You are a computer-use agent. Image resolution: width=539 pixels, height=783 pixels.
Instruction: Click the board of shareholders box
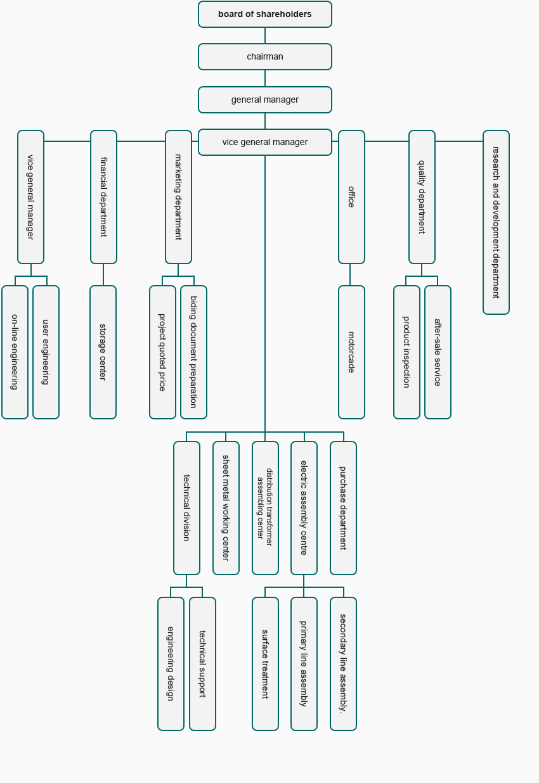click(x=265, y=15)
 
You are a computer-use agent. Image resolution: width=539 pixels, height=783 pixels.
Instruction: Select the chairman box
click(x=265, y=56)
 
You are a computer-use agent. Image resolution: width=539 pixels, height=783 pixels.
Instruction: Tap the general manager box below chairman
click(x=265, y=99)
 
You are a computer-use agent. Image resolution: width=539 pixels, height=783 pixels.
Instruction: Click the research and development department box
click(x=496, y=222)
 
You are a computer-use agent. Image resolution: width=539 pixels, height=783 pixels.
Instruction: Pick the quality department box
click(x=422, y=197)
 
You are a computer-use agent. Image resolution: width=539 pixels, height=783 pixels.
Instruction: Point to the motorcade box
click(x=351, y=352)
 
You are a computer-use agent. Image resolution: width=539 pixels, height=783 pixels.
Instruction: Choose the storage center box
click(x=103, y=352)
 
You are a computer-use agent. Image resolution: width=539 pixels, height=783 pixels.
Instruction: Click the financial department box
click(x=103, y=197)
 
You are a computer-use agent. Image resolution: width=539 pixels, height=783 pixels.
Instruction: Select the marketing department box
click(x=178, y=197)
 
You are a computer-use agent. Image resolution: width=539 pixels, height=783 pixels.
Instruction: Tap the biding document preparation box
click(x=193, y=352)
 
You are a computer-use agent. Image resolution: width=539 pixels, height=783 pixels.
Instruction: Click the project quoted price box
click(x=162, y=352)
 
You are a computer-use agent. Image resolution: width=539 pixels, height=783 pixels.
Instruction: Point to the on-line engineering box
click(x=15, y=352)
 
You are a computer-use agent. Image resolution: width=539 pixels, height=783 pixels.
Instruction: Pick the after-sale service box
click(x=438, y=352)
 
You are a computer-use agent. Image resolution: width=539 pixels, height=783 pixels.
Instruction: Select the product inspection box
click(x=406, y=352)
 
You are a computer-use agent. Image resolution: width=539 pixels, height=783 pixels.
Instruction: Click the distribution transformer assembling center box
click(x=265, y=508)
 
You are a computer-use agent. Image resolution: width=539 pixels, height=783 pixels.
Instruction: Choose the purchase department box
click(x=343, y=508)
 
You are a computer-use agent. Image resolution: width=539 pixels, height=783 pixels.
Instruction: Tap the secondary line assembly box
click(x=343, y=664)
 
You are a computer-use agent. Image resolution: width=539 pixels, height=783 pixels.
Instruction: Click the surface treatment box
click(x=265, y=664)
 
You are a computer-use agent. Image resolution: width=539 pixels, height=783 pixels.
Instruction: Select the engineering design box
click(x=171, y=664)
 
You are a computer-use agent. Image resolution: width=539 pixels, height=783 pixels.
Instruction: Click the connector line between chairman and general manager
click(x=265, y=79)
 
